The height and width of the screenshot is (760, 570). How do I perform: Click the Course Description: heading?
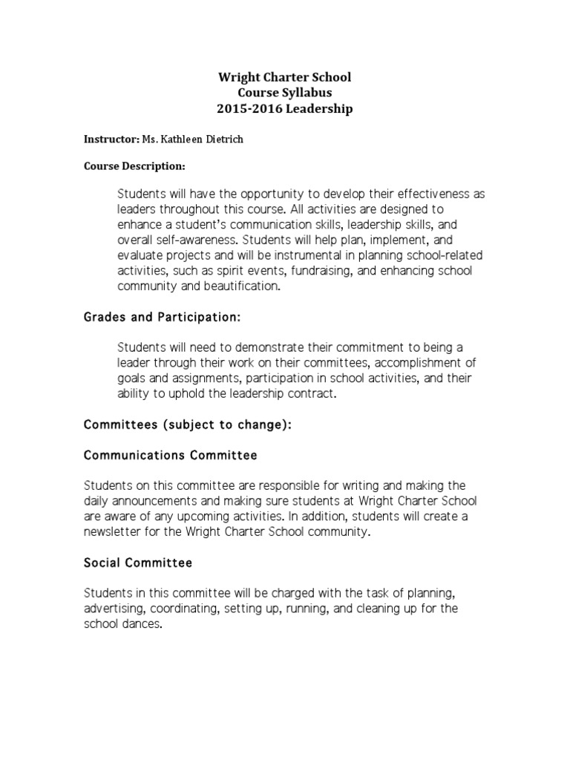(134, 166)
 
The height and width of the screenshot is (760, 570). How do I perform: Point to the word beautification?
(243, 286)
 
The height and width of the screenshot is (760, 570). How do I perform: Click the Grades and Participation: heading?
(162, 318)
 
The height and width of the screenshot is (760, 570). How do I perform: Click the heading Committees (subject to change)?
(188, 425)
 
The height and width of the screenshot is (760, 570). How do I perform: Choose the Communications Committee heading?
(171, 454)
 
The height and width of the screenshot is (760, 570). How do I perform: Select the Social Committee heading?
(138, 563)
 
